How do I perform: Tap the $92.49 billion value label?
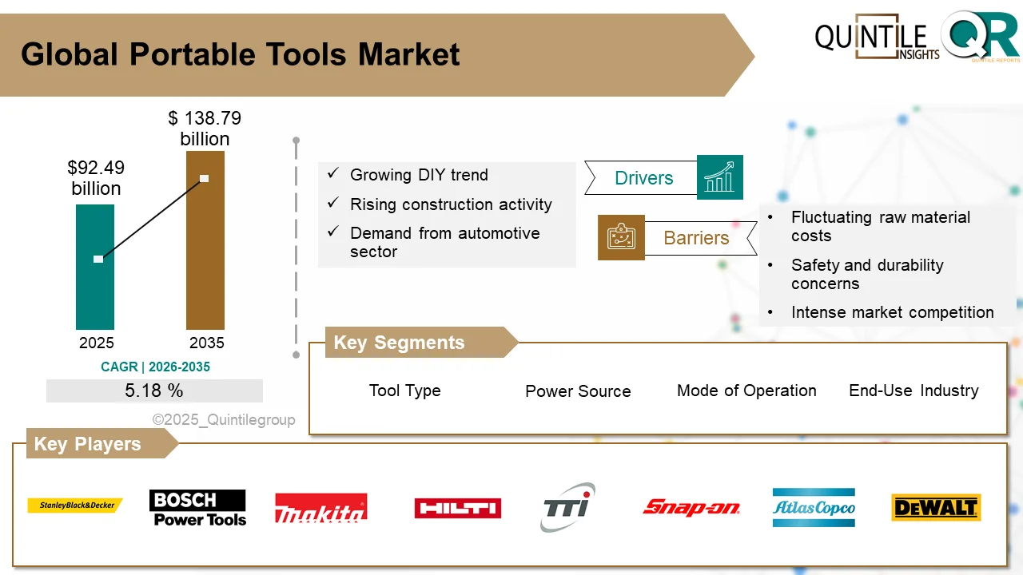pos(96,178)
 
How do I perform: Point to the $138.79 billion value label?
pos(205,129)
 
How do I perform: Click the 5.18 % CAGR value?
pos(154,391)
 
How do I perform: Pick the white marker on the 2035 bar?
pos(205,178)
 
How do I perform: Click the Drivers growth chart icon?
pos(719,177)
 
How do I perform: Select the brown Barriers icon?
pos(621,237)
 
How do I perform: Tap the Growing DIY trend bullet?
pos(419,175)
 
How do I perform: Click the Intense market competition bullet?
pos(892,312)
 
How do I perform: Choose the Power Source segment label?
pos(578,391)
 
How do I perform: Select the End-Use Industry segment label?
pos(914,391)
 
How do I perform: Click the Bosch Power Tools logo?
pos(197,508)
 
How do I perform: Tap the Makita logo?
pos(320,508)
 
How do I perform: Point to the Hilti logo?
pos(457,508)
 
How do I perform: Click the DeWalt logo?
pos(935,508)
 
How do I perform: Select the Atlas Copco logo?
pos(814,508)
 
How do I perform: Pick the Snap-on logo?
pos(691,507)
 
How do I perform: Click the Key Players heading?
pos(87,444)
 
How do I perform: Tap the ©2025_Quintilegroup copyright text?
pos(224,419)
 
